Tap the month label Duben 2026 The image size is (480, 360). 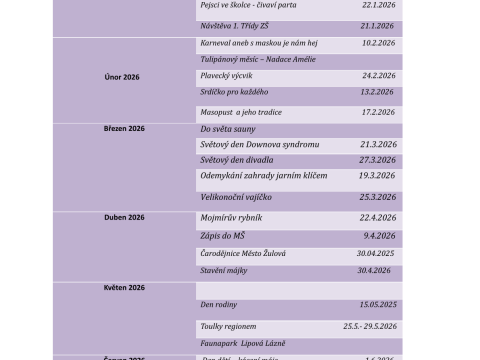(x=124, y=216)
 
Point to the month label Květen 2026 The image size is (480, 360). (x=124, y=287)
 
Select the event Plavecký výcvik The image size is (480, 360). (x=226, y=74)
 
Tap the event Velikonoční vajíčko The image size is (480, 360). (x=232, y=197)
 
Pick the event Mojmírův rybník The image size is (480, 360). (x=229, y=217)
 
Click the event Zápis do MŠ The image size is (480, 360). (x=222, y=235)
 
